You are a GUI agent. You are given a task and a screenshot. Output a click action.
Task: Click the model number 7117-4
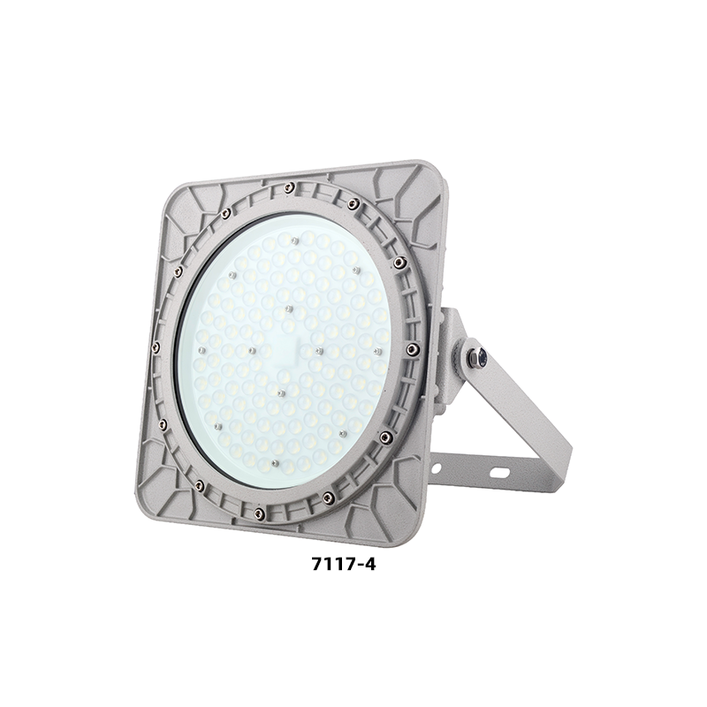point(344,565)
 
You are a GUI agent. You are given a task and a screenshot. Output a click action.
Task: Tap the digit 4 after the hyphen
point(369,565)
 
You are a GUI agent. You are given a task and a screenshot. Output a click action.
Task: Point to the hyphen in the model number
point(358,566)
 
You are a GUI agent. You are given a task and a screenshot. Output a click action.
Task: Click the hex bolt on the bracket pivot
point(477,356)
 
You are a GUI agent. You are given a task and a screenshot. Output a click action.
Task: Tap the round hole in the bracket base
point(436,468)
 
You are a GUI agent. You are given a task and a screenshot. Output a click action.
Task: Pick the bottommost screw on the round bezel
point(259,512)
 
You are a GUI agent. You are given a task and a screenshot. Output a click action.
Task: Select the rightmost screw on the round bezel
point(412,348)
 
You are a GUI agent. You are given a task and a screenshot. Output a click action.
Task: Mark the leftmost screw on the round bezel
point(156,346)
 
